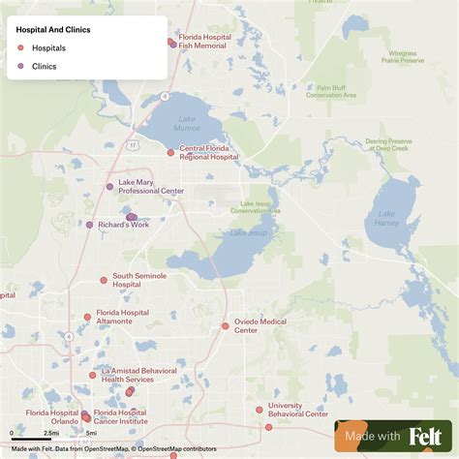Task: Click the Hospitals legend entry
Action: [x=48, y=47]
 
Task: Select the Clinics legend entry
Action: [x=44, y=66]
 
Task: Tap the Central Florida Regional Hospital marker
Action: [x=170, y=152]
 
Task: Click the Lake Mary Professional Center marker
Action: [x=109, y=186]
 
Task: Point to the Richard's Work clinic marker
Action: [x=90, y=225]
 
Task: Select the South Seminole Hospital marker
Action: [x=104, y=280]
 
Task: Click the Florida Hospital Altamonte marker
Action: [x=87, y=316]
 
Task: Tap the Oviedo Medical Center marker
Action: [x=226, y=325]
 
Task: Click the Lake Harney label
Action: [x=386, y=219]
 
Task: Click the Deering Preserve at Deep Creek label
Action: [x=387, y=145]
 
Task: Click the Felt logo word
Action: [x=426, y=437]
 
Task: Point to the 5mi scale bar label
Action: [x=90, y=434]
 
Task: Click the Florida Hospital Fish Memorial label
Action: [x=204, y=42]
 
